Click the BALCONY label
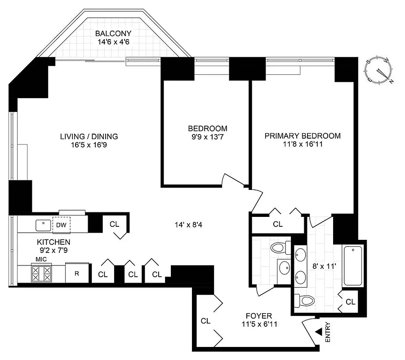113,33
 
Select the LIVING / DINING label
89,136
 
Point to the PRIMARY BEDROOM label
302,135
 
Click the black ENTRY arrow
318,332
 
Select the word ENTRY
327,332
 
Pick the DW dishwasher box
61,225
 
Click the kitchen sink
43,224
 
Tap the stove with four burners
41,274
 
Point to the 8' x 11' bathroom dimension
321,265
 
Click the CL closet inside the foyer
205,321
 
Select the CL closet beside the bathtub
351,301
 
